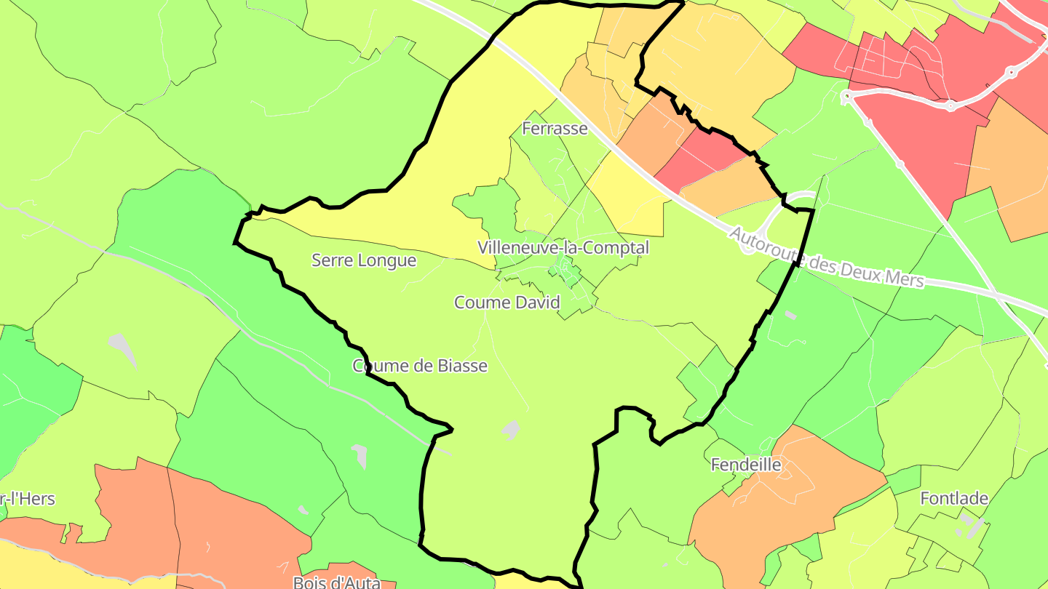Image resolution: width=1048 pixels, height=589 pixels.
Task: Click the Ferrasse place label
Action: tap(555, 129)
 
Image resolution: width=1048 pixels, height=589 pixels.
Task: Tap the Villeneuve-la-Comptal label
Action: tap(563, 247)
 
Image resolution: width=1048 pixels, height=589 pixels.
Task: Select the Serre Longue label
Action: tap(364, 260)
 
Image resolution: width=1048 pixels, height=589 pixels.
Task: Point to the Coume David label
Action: tap(507, 302)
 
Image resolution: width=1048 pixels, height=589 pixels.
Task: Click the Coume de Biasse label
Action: tap(420, 366)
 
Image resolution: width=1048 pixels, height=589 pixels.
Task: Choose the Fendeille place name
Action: tap(745, 465)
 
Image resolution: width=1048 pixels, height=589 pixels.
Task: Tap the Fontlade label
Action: tap(954, 499)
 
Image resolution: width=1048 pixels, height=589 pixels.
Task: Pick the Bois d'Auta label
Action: tap(336, 582)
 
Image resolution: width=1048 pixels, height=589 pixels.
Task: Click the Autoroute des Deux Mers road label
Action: tap(826, 257)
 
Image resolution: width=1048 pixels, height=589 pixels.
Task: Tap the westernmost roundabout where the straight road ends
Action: tap(846, 96)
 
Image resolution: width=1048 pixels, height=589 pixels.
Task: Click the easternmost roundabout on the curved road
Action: tap(1011, 72)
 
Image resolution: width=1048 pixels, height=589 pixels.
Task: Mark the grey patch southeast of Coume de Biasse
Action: tap(511, 430)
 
